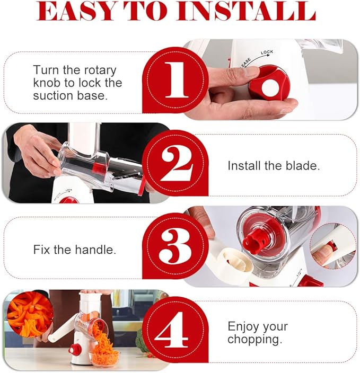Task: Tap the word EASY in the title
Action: (x=74, y=12)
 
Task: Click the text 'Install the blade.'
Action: (x=274, y=165)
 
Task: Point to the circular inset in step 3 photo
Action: (x=333, y=245)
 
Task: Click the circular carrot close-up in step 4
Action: (x=29, y=315)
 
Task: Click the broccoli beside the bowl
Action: (x=142, y=342)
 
